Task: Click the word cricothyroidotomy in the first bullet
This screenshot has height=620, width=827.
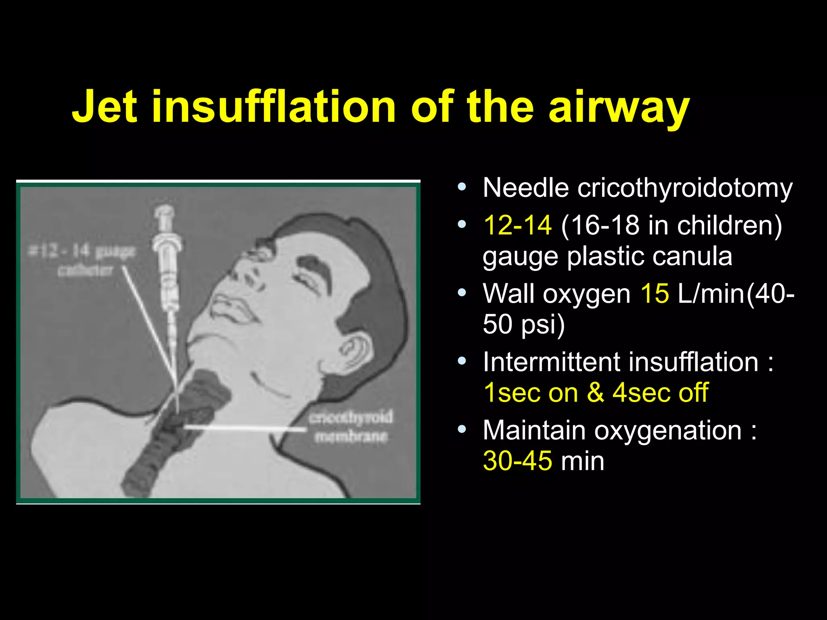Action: [x=685, y=188]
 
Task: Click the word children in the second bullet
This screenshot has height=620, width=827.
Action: [x=729, y=225]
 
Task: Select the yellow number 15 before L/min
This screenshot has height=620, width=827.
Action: [x=655, y=293]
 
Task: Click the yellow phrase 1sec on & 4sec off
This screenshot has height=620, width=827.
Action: [x=596, y=392]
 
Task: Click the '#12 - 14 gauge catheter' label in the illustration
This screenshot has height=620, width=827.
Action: [x=83, y=261]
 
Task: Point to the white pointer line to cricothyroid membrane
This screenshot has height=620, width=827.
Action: [x=245, y=428]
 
